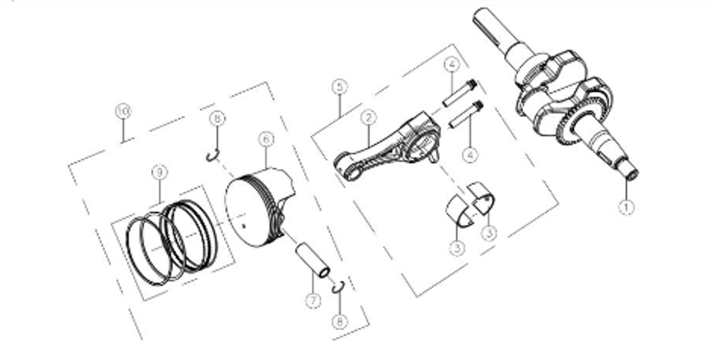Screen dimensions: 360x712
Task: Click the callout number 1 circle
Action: pyautogui.click(x=627, y=209)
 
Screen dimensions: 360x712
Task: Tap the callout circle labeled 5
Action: pyautogui.click(x=339, y=85)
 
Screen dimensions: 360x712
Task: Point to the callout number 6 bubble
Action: pyautogui.click(x=266, y=139)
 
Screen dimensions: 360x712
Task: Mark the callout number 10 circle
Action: pyautogui.click(x=122, y=112)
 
